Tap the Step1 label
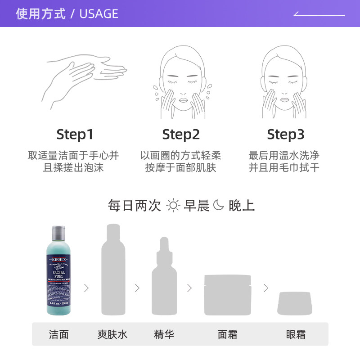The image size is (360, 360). (x=75, y=135)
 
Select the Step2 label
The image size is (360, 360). (x=181, y=135)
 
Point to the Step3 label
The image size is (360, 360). (x=286, y=135)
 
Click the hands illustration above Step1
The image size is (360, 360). (x=83, y=81)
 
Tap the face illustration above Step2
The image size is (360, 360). (x=181, y=83)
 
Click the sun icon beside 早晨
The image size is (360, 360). (x=173, y=206)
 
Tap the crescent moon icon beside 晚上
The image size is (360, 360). (x=218, y=206)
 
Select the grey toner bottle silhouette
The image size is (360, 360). (x=113, y=270)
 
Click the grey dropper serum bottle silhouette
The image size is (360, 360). (x=164, y=277)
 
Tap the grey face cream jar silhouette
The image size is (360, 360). (x=228, y=295)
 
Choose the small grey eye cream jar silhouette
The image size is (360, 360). (x=295, y=303)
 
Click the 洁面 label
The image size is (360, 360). (x=59, y=334)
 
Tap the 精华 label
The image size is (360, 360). (x=164, y=334)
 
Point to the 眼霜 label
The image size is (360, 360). (x=296, y=334)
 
